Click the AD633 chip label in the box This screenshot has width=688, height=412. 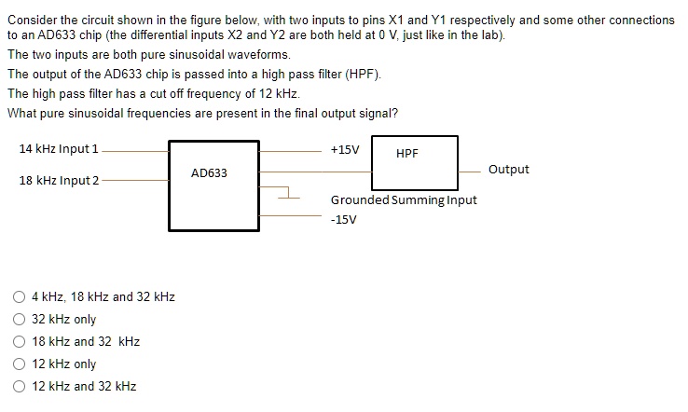pyautogui.click(x=209, y=173)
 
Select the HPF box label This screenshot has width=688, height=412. pyautogui.click(x=407, y=153)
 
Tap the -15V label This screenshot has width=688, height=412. pyautogui.click(x=343, y=220)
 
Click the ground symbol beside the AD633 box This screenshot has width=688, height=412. pyautogui.click(x=288, y=194)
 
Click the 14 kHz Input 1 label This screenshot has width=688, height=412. pyautogui.click(x=59, y=149)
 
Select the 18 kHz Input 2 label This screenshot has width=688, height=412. pyautogui.click(x=59, y=180)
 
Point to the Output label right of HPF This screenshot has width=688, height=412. pyautogui.click(x=508, y=170)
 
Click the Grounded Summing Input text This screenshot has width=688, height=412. pyautogui.click(x=404, y=199)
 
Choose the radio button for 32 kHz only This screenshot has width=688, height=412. pyautogui.click(x=20, y=320)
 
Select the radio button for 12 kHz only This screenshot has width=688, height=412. pyautogui.click(x=20, y=364)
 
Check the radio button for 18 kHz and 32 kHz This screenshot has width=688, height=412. pyautogui.click(x=20, y=342)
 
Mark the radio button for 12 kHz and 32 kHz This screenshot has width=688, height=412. pyautogui.click(x=20, y=387)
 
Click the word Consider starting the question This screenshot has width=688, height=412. pyautogui.click(x=29, y=20)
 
